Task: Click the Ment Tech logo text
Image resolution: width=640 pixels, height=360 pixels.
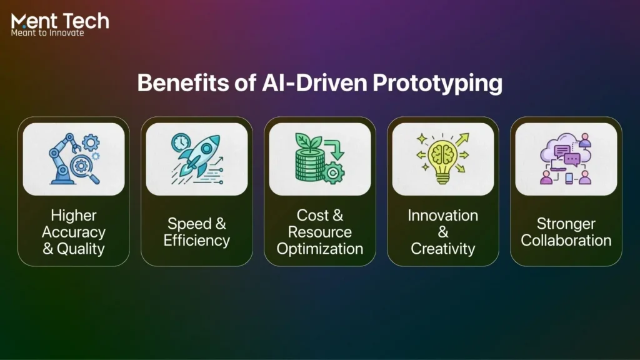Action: (60, 21)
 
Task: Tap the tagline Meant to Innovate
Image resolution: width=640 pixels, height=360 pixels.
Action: (47, 32)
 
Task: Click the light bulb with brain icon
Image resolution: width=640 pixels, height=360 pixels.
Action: (442, 159)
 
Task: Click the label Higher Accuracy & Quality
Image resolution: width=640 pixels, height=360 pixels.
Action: (74, 232)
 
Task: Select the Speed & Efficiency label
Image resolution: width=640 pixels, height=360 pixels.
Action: (196, 232)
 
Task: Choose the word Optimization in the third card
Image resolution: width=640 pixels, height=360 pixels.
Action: (319, 249)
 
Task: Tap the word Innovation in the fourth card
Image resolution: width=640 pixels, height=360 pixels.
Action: (442, 216)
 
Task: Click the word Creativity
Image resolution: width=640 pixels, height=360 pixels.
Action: (442, 249)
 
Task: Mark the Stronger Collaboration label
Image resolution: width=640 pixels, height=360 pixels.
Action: (566, 232)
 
